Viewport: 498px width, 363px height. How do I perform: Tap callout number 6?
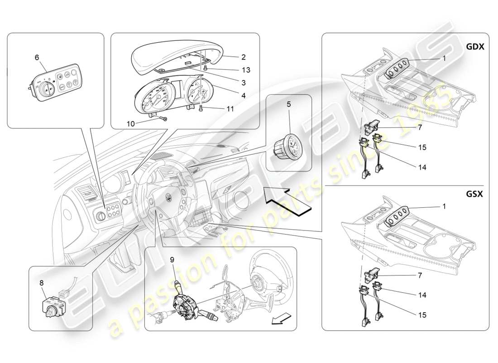37,57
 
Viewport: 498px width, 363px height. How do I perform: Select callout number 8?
41,282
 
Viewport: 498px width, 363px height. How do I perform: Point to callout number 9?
172,260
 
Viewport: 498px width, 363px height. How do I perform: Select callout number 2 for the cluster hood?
243,57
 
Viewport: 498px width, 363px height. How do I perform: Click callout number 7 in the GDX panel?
420,128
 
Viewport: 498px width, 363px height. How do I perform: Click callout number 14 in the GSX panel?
421,295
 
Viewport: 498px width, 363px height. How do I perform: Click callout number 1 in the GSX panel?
444,206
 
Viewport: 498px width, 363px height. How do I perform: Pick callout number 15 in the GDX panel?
421,147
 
